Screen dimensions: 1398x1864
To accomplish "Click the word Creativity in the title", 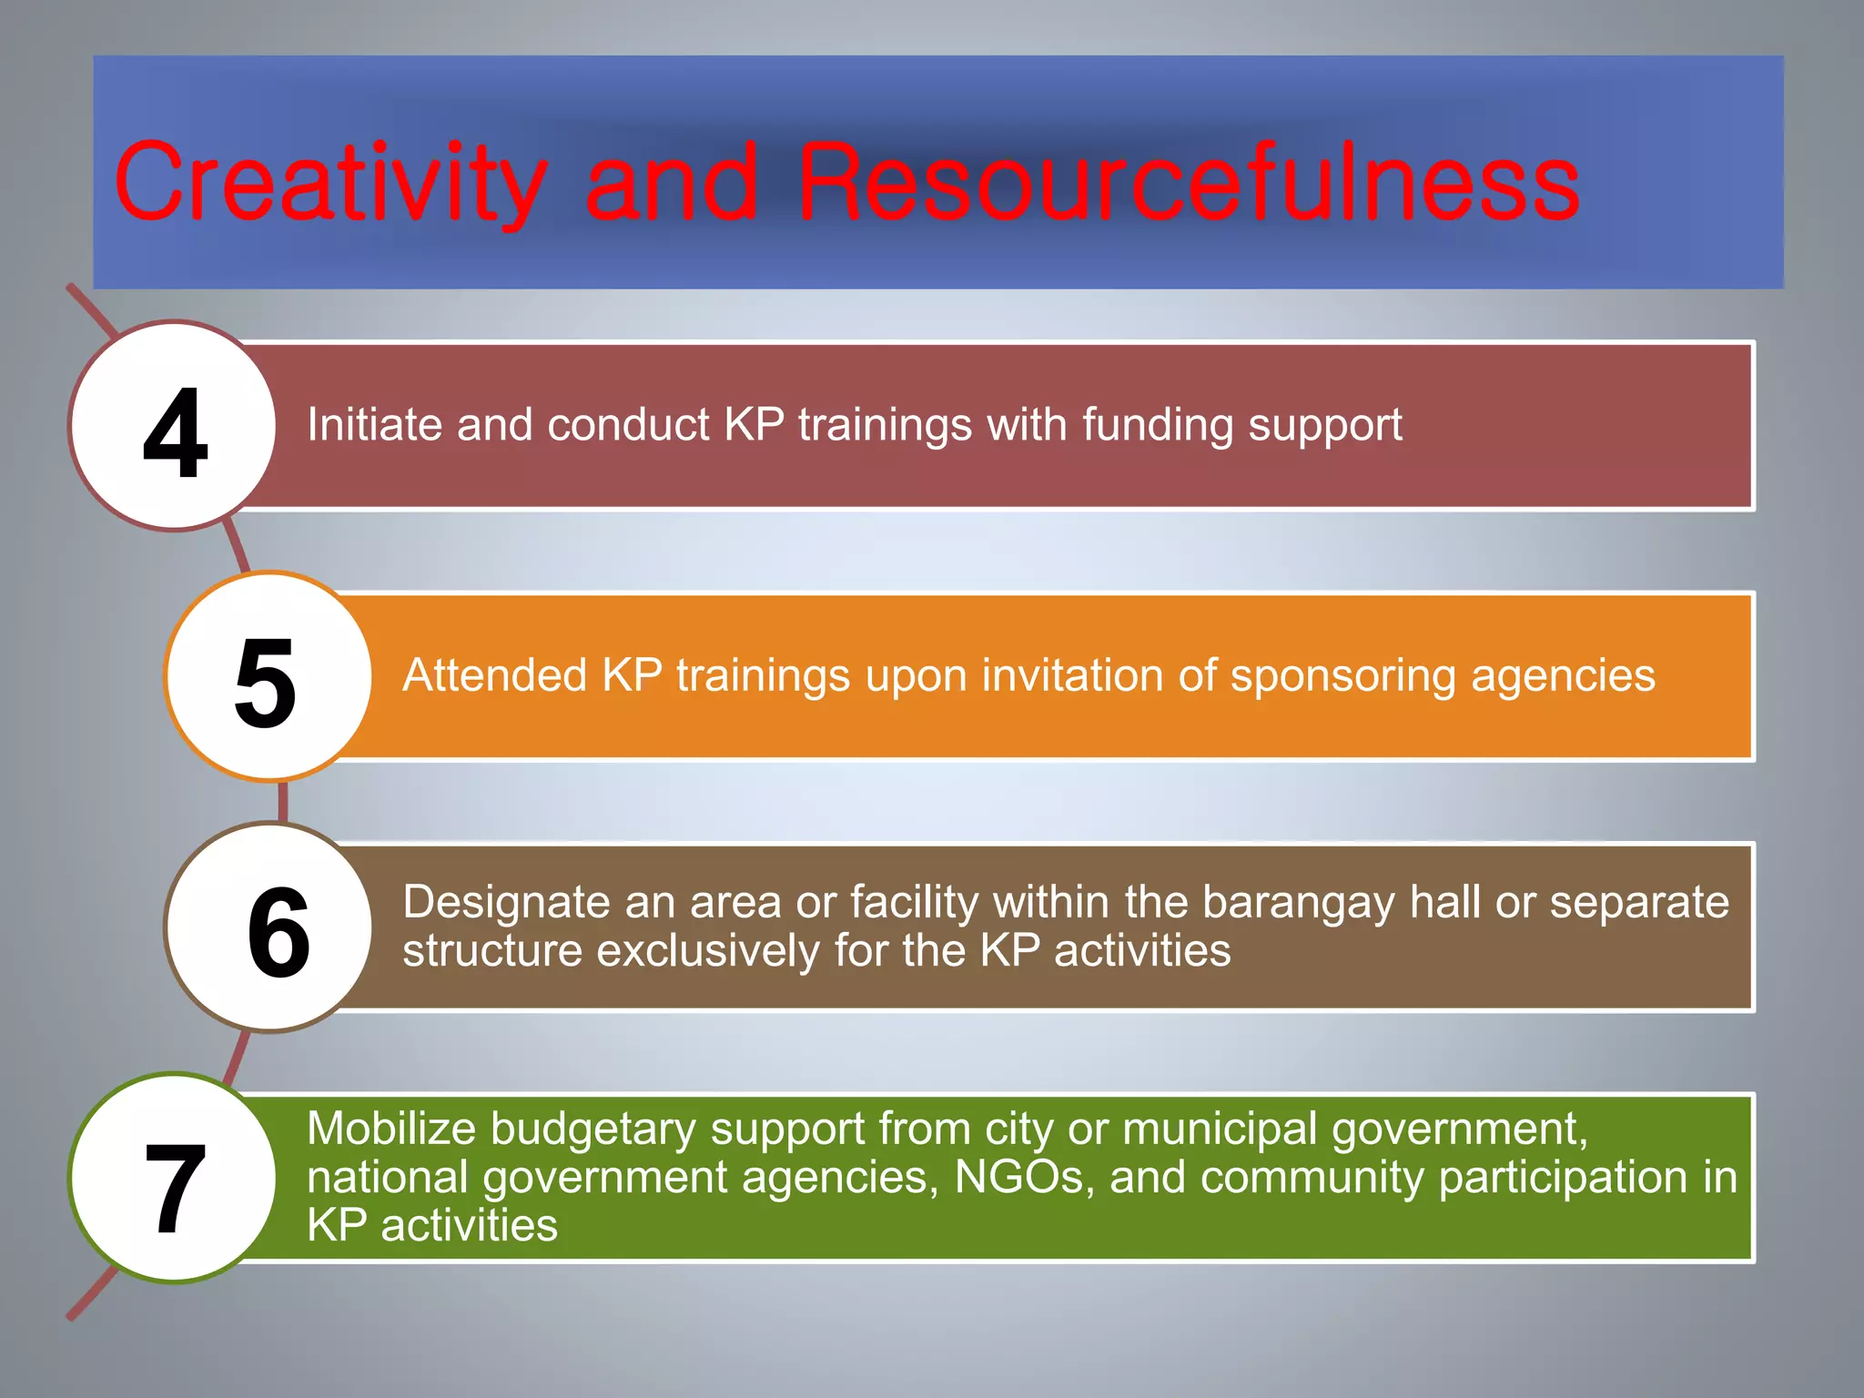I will [x=329, y=184].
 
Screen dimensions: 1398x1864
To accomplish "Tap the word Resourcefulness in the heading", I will [x=1188, y=184].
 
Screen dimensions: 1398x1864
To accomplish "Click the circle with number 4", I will [x=174, y=426].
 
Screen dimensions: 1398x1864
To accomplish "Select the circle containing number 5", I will [x=268, y=677].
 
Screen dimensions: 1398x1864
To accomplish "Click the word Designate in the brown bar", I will [x=505, y=903].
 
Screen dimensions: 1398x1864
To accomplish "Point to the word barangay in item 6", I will [x=1298, y=903].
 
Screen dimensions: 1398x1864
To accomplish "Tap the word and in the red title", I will [x=671, y=184].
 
